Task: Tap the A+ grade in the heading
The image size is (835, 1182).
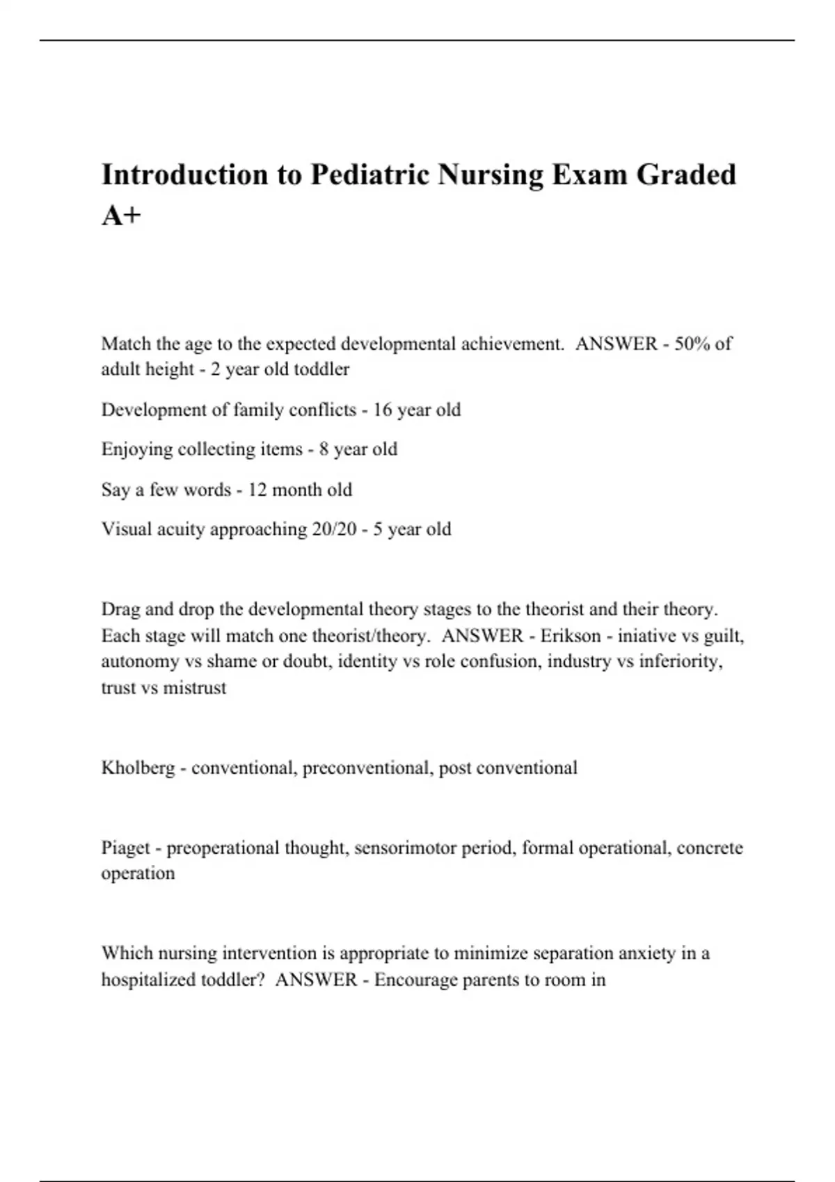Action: click(x=121, y=216)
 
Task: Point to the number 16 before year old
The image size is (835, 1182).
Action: click(x=383, y=410)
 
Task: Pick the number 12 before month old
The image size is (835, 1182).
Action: click(x=257, y=489)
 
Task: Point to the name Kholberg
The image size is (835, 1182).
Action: click(x=138, y=768)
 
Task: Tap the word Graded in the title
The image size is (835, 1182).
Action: click(x=686, y=175)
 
